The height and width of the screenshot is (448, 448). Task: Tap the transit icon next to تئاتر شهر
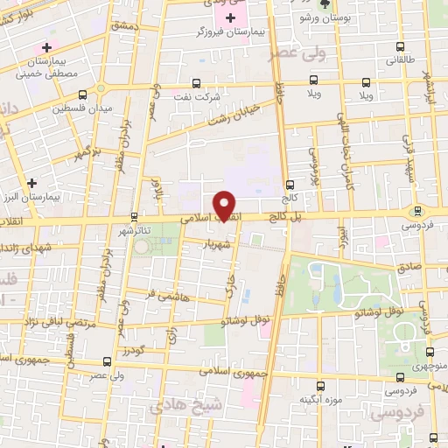click(134, 216)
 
